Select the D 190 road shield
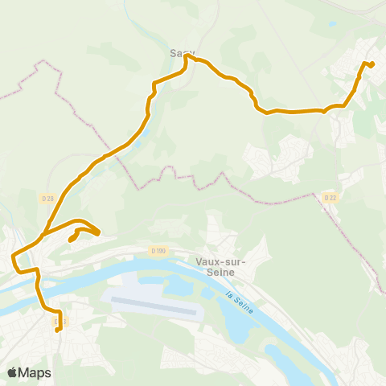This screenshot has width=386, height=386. point(158,251)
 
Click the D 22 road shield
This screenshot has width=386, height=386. point(329,198)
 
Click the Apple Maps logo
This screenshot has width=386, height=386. point(13,372)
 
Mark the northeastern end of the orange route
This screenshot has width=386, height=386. point(372,64)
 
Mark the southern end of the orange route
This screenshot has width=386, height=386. point(57,329)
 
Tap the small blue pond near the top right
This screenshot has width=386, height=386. point(332,23)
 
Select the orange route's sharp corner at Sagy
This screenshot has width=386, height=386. point(186,55)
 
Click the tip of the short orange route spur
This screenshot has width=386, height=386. point(71,240)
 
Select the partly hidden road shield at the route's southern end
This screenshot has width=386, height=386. point(59,322)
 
